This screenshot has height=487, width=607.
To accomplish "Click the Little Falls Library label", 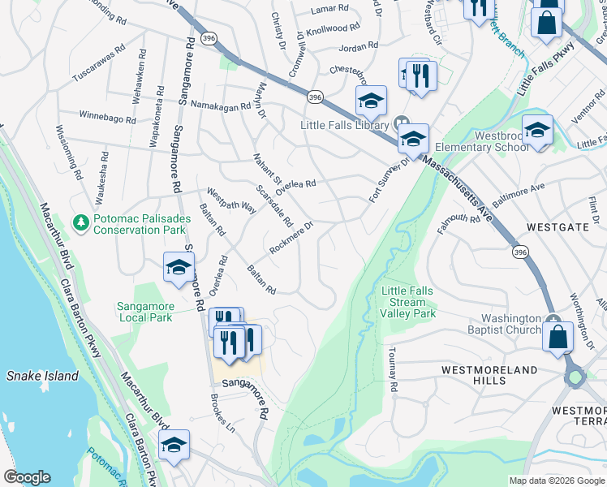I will coord(345,125).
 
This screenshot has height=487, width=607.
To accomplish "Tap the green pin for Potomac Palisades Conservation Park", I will coord(80,222).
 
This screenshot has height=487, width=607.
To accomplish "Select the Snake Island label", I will coord(42,376).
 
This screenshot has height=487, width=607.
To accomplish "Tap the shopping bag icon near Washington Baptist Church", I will coord(558,337).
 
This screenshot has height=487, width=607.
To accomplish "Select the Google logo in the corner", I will coord(27,477).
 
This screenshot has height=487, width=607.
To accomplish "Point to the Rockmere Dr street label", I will coord(291,237).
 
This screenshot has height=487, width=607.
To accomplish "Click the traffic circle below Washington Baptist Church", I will coord(576,377).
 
